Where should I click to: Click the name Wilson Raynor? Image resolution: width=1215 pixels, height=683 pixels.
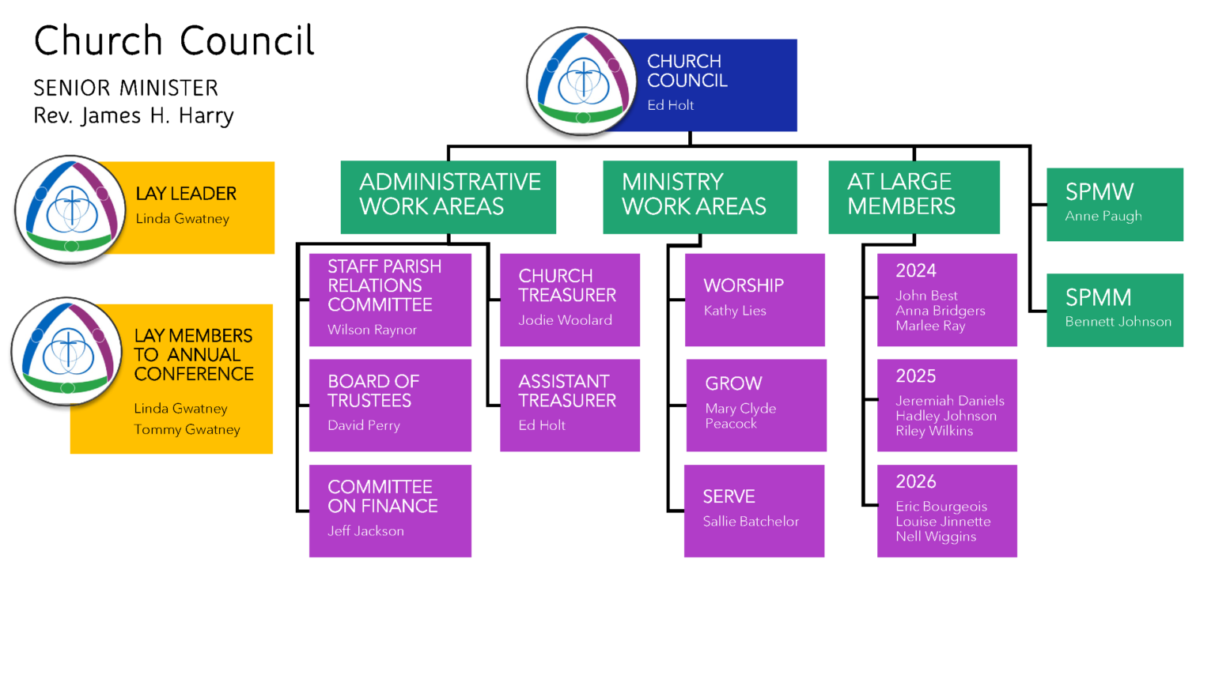372,330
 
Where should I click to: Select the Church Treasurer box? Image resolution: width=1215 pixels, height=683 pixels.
570,300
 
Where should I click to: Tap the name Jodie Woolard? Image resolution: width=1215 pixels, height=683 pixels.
566,320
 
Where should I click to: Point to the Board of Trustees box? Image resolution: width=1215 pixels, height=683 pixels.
390,405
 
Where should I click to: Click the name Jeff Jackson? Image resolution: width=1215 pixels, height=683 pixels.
365,530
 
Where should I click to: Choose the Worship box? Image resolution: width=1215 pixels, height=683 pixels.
755,300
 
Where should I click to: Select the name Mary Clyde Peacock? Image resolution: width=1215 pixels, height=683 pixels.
740,416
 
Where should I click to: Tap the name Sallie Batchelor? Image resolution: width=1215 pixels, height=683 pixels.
751,522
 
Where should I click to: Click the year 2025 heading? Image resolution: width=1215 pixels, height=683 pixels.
915,375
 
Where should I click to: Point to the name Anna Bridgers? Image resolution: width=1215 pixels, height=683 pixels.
940,311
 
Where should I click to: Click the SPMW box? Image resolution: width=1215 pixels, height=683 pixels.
1115,205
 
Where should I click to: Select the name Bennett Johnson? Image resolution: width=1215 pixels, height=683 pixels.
1118,322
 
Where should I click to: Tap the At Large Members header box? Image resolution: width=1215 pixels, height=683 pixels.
914,198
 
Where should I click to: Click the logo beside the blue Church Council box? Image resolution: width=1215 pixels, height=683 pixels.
582,81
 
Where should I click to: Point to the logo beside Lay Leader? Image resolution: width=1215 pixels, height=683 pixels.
70,209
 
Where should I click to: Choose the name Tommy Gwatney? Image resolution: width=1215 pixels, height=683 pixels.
187,429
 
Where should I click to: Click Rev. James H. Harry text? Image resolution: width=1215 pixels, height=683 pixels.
134,115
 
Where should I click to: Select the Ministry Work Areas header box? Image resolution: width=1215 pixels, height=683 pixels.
700,198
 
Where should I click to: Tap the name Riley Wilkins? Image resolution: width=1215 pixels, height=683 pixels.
934,431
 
